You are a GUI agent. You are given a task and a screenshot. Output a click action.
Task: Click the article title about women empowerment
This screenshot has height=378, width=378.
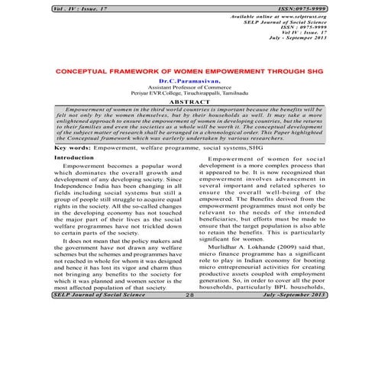pos(189,69)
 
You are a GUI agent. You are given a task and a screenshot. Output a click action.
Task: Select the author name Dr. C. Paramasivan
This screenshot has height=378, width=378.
pos(188,80)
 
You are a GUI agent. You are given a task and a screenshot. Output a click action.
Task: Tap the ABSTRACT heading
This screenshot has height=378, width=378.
pos(188,101)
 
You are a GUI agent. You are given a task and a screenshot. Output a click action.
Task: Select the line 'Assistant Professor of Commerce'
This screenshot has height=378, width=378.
pos(188,87)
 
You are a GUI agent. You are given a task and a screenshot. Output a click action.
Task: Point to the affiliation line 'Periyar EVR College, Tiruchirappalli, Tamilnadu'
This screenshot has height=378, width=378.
pos(188,93)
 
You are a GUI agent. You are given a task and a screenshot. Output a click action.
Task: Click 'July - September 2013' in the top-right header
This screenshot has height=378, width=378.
pos(333,40)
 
